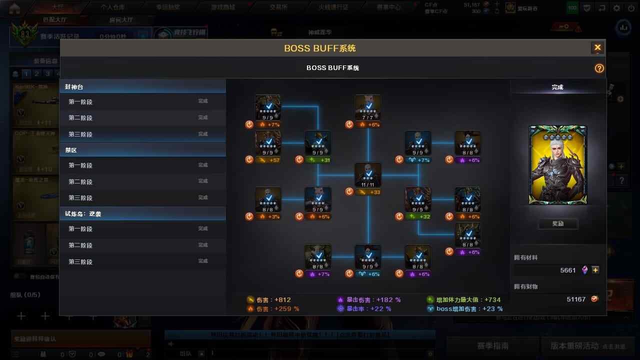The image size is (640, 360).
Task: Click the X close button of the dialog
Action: pyautogui.click(x=597, y=48)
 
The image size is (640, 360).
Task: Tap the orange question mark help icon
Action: pyautogui.click(x=599, y=68)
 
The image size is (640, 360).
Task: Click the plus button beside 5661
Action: pyautogui.click(x=595, y=270)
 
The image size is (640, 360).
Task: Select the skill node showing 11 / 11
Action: pyautogui.click(x=368, y=175)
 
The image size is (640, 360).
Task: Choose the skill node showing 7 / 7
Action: pyautogui.click(x=368, y=107)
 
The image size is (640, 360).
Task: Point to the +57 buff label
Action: pyautogui.click(x=268, y=160)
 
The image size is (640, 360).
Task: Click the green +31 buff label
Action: pyautogui.click(x=318, y=160)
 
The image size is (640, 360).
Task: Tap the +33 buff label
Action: pyautogui.click(x=368, y=192)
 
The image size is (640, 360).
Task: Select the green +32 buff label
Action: pyautogui.click(x=418, y=216)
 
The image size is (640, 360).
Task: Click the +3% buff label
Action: pyautogui.click(x=268, y=216)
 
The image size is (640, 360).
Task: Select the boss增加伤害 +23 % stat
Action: pyautogui.click(x=464, y=309)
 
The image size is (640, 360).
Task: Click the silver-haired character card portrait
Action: pyautogui.click(x=557, y=165)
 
